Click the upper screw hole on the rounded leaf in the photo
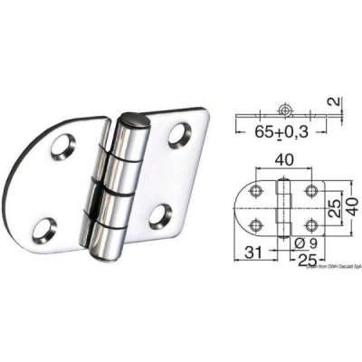pos(64,143)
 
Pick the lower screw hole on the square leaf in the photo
pos(161,214)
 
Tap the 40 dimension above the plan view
pos(284,160)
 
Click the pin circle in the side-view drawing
pos(286,112)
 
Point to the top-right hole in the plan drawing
pos(310,191)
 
